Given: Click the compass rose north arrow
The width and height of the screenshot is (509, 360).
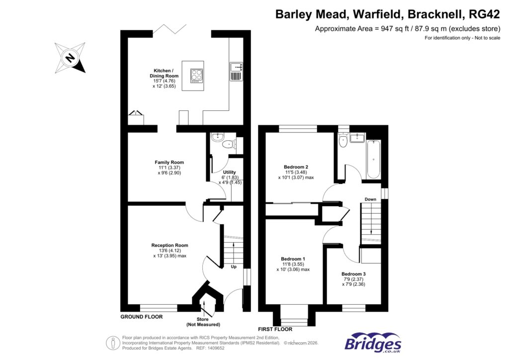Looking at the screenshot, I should [x=70, y=59].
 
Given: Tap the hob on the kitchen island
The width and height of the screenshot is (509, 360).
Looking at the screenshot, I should [x=197, y=76].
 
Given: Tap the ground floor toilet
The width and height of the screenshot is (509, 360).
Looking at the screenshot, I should [x=228, y=145].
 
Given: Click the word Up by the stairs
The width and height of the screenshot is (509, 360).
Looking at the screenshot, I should [x=233, y=267].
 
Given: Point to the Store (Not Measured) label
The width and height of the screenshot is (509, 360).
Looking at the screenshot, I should [x=203, y=321].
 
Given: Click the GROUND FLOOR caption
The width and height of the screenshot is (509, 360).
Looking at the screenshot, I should [x=142, y=317].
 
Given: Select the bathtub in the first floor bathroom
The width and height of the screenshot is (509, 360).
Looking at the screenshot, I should [x=374, y=160].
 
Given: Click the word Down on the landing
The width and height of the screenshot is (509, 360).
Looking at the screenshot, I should [x=370, y=199].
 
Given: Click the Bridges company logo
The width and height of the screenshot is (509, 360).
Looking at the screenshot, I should [x=373, y=343].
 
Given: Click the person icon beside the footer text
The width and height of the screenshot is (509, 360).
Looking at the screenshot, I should [x=112, y=343].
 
